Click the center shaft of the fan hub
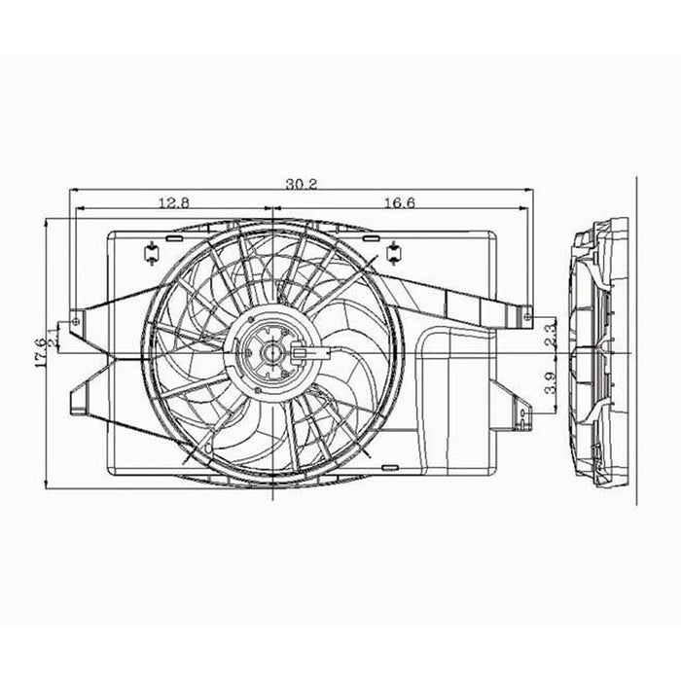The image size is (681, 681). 271,352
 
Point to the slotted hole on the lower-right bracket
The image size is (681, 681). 522,417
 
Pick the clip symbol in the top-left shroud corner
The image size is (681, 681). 151,254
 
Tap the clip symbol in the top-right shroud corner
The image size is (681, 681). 394,254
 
